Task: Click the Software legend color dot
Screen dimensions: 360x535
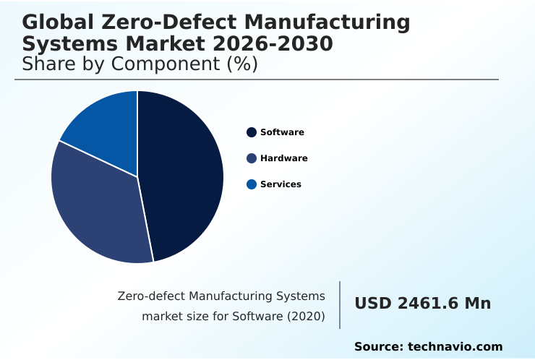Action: coord(252,132)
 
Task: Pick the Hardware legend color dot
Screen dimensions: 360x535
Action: coord(252,158)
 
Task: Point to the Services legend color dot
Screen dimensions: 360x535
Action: coord(252,184)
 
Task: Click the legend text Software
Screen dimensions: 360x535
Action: coord(282,132)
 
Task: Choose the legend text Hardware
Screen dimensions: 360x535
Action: coord(284,158)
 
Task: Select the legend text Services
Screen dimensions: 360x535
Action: coord(281,184)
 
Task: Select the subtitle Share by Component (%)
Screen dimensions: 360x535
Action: coord(140,64)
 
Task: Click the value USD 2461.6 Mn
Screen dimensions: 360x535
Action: coord(422,304)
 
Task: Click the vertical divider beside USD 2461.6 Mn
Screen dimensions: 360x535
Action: coord(340,305)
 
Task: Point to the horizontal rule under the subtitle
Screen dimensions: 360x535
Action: coord(257,80)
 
